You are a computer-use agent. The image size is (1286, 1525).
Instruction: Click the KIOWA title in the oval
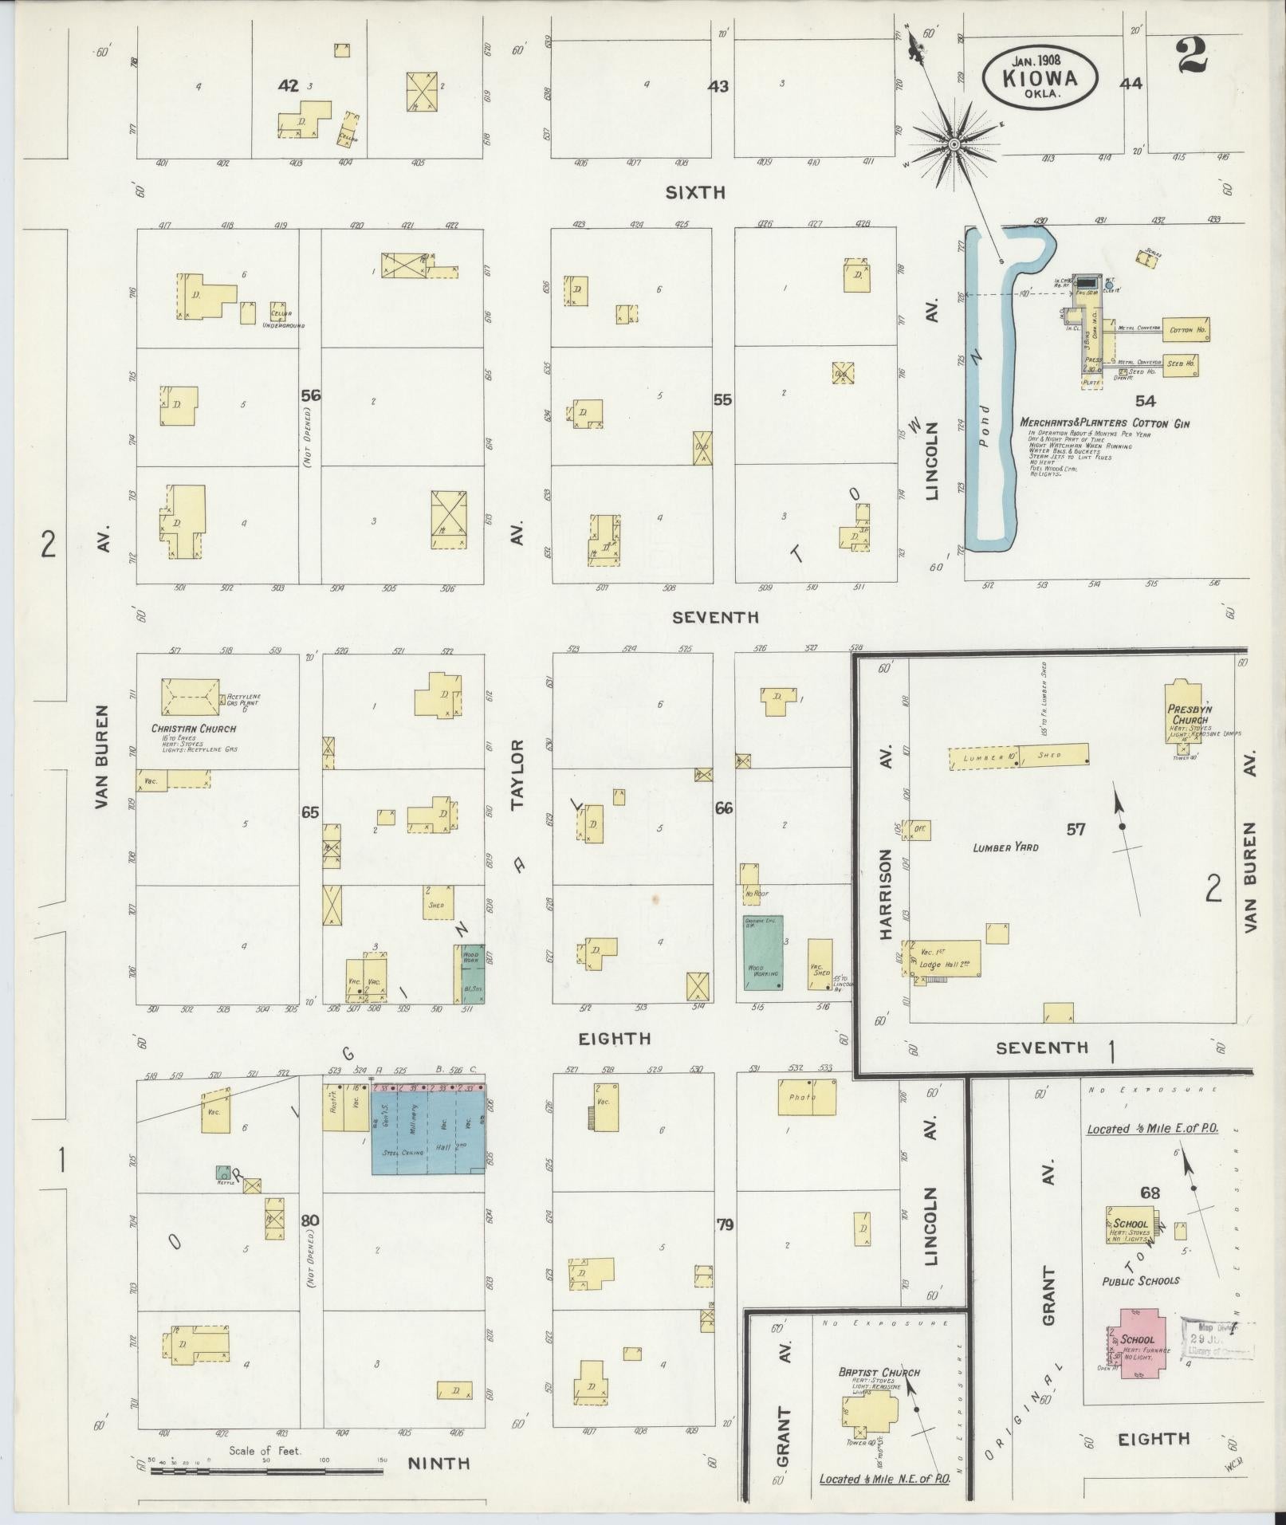1040,78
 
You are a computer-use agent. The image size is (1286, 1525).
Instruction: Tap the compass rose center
954,144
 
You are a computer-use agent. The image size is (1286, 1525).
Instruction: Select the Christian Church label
194,729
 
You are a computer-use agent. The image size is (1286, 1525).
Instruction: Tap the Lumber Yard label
1005,847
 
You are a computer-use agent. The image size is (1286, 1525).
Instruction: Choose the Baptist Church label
879,1372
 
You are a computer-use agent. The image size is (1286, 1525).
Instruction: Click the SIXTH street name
697,192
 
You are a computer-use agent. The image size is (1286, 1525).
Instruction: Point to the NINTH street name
438,1463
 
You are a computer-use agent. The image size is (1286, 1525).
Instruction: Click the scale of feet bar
266,1469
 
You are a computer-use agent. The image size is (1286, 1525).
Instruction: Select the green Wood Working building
763,953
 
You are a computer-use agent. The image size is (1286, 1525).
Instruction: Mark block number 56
310,395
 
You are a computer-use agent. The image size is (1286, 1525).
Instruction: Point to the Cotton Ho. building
1186,329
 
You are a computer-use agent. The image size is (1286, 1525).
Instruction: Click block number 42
288,85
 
